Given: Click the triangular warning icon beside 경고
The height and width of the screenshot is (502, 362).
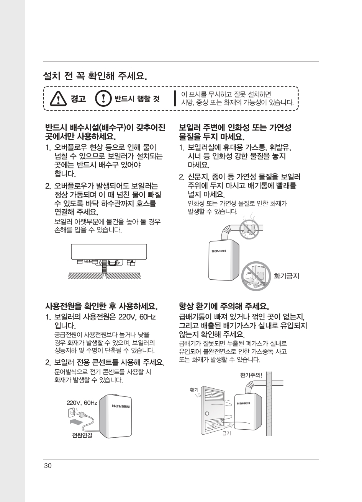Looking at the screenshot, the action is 58,99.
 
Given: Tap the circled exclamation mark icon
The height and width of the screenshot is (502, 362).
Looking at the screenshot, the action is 103,99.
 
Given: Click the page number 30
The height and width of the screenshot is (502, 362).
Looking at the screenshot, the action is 48,466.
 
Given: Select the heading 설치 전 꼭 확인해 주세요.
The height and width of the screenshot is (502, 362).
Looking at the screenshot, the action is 95,76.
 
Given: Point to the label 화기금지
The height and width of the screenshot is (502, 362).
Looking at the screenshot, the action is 287,276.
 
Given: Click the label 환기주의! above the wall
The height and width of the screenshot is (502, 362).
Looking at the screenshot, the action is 251,375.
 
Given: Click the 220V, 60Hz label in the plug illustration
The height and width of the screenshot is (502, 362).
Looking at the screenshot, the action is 82,403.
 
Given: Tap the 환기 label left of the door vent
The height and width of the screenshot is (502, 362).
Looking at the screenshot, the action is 194,390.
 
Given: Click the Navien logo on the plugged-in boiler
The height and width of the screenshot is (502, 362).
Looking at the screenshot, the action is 121,406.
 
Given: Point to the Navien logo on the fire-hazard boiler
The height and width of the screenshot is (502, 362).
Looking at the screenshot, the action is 219,251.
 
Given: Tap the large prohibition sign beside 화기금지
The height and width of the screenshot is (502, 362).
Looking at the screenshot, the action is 256,276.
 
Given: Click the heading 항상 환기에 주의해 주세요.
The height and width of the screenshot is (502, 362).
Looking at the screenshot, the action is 224,306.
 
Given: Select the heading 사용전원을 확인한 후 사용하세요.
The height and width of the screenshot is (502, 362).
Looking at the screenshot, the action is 101,306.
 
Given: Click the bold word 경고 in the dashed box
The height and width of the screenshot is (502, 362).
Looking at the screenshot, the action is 78,99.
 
